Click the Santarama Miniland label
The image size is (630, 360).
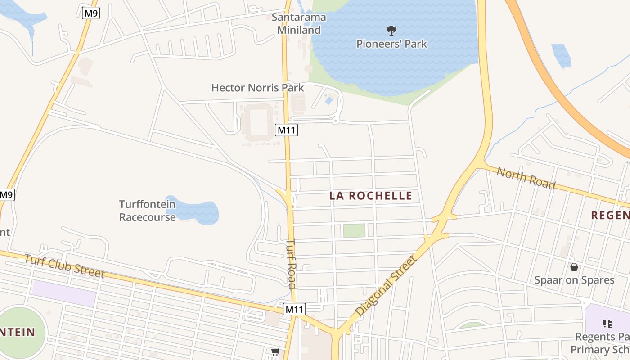(x=299, y=24)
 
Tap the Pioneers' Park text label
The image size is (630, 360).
(x=391, y=44)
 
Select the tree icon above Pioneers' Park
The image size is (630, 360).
(x=391, y=31)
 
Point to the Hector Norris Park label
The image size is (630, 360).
(x=258, y=88)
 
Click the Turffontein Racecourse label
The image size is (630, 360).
(x=148, y=211)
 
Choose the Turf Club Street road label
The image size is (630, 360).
(x=64, y=266)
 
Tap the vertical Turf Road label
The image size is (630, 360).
(x=292, y=263)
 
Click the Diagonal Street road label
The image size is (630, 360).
(x=386, y=285)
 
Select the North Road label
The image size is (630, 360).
(x=526, y=178)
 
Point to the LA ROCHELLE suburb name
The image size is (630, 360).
(x=371, y=196)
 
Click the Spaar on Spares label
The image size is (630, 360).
(x=574, y=280)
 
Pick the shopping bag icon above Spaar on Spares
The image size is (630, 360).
(x=574, y=267)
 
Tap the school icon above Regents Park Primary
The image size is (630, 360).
(x=607, y=323)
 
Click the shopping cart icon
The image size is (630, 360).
(x=274, y=351)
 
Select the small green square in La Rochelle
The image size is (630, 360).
(x=354, y=230)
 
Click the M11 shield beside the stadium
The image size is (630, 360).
(x=287, y=130)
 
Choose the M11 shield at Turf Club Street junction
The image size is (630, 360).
(x=295, y=309)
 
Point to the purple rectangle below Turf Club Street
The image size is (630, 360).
(x=64, y=293)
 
